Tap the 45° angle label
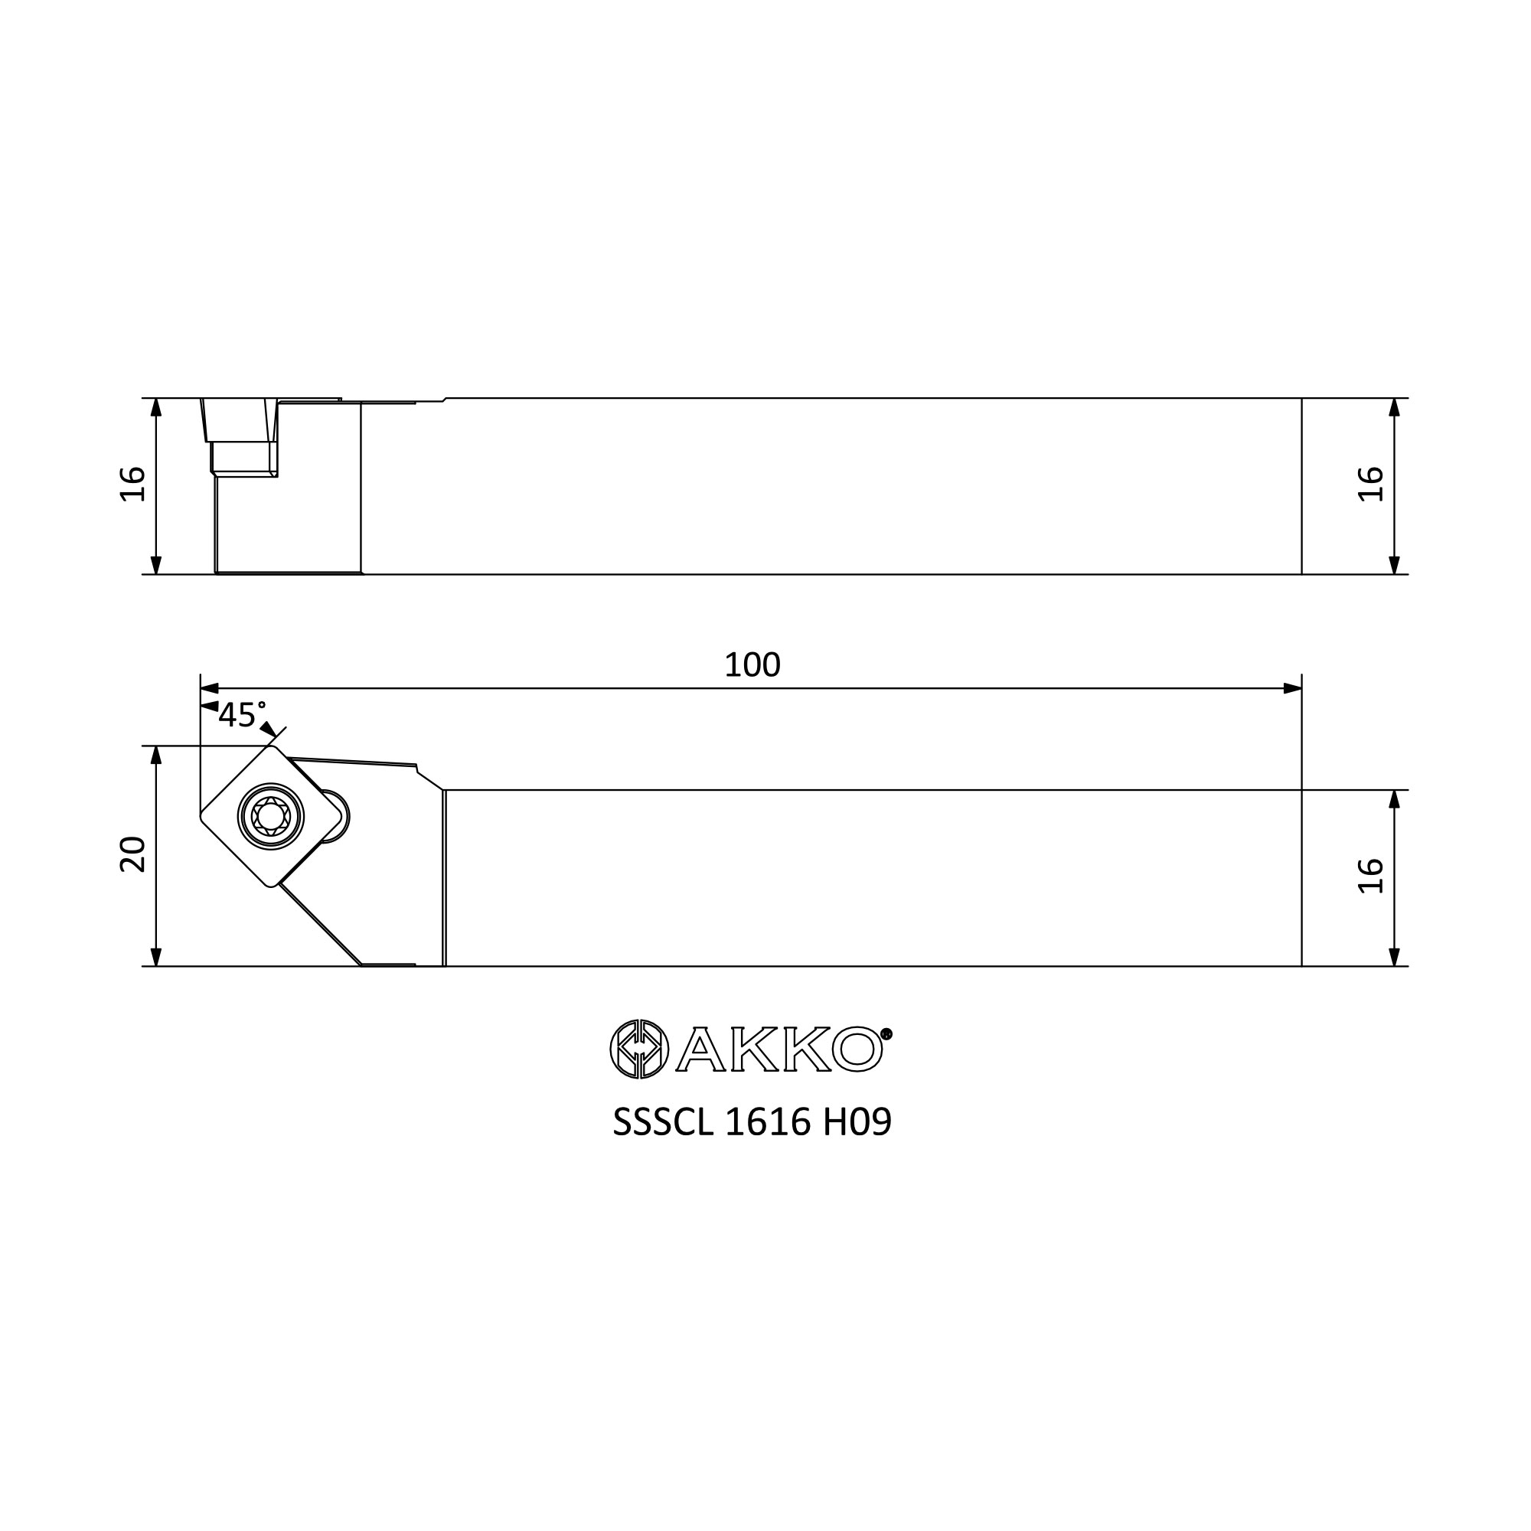tap(242, 715)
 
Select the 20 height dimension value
tap(133, 854)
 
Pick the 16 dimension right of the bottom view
tap(1371, 876)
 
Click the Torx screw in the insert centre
tap(270, 816)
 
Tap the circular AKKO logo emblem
tap(638, 1049)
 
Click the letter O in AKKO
tap(857, 1050)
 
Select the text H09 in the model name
tap(857, 1121)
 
